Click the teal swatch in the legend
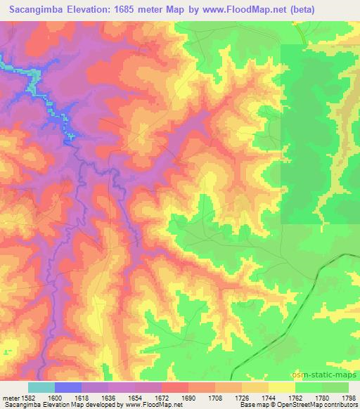click(x=41, y=387)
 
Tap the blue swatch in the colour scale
click(x=68, y=387)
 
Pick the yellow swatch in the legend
click(x=282, y=387)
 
